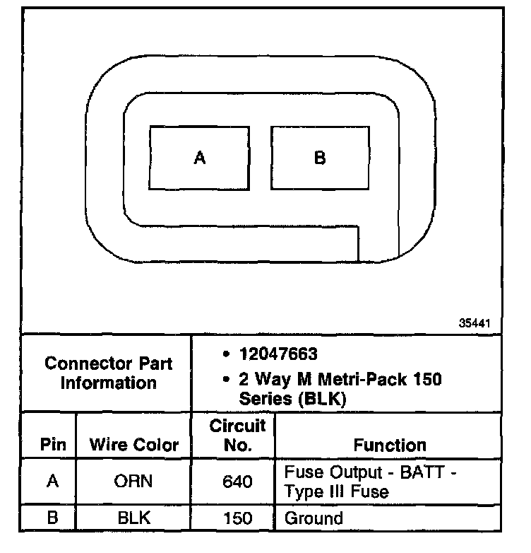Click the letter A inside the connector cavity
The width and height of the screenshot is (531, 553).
[200, 158]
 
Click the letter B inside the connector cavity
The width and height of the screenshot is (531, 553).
[320, 158]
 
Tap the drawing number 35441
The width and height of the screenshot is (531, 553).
[475, 322]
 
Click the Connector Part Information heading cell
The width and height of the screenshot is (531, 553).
[108, 373]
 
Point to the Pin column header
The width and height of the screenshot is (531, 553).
[52, 445]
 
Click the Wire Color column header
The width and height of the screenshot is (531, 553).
[134, 445]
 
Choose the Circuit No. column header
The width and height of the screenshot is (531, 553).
[237, 435]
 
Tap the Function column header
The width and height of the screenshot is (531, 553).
[390, 445]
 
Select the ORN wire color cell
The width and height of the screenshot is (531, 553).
[133, 482]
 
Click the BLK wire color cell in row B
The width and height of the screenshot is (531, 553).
[133, 518]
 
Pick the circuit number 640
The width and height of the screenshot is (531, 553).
[237, 482]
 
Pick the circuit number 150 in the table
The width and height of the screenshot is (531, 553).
[237, 518]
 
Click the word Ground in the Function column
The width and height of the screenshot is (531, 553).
[314, 518]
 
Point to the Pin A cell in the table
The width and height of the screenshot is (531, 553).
[52, 482]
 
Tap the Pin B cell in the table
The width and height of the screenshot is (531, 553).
[52, 518]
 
